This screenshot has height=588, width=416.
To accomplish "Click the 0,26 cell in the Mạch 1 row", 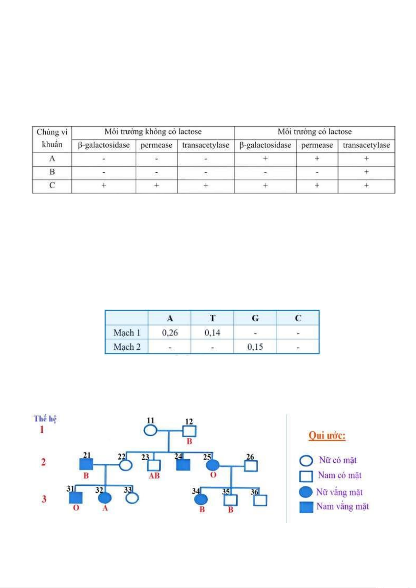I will coord(170,333).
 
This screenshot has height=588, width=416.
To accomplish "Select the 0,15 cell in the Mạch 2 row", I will coord(255,347).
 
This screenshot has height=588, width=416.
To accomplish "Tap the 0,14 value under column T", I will coord(212,333).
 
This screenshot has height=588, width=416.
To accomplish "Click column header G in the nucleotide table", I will coord(255,318).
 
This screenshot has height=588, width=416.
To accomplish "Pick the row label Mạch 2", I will coord(127,347).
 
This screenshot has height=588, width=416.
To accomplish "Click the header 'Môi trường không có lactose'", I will coord(153,132).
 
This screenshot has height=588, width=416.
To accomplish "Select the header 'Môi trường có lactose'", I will coord(314,132).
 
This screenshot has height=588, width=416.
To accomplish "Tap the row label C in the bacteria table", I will coord(52,185).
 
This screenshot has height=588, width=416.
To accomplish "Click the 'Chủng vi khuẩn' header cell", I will coord(52,138).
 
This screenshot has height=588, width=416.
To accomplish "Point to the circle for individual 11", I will coord(150,431).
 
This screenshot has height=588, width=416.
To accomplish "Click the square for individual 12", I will coord(189,431).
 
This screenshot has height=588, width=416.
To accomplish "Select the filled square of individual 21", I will coord(86,465).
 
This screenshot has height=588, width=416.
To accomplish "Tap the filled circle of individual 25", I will coord(213,465).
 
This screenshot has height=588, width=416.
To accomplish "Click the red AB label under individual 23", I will coord(154,476).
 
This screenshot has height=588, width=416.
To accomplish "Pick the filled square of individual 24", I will coord(183,465).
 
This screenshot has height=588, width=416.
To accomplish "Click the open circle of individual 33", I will coord(132,498).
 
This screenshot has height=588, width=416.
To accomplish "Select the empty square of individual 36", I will coord(260,500).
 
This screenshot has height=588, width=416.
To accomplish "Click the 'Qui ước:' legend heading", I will coord(327,436).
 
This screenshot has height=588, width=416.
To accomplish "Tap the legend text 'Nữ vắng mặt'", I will coord(339,492).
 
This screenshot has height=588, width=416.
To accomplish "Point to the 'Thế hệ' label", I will coord(45,418).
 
